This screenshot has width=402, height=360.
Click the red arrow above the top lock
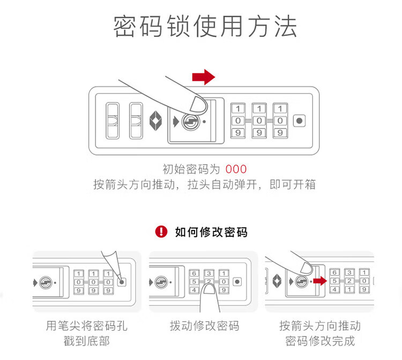(203, 77)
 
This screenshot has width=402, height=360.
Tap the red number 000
(236, 170)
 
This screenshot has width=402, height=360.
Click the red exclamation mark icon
(161, 231)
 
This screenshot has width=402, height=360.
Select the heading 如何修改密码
(211, 232)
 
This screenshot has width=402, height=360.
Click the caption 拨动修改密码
(204, 326)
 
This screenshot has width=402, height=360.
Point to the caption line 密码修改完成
(320, 341)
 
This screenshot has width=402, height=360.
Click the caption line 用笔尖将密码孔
(87, 326)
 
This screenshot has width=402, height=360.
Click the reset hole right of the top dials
(300, 121)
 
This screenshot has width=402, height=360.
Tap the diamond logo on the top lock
(155, 121)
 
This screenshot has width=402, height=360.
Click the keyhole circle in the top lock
(189, 121)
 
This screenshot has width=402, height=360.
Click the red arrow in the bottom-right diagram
(321, 280)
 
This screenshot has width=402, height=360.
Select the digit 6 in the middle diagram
(194, 273)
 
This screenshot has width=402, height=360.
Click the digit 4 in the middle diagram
(194, 290)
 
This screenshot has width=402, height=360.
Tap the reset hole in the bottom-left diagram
(122, 281)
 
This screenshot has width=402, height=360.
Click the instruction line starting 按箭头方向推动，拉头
(204, 185)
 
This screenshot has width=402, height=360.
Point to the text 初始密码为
(191, 170)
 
